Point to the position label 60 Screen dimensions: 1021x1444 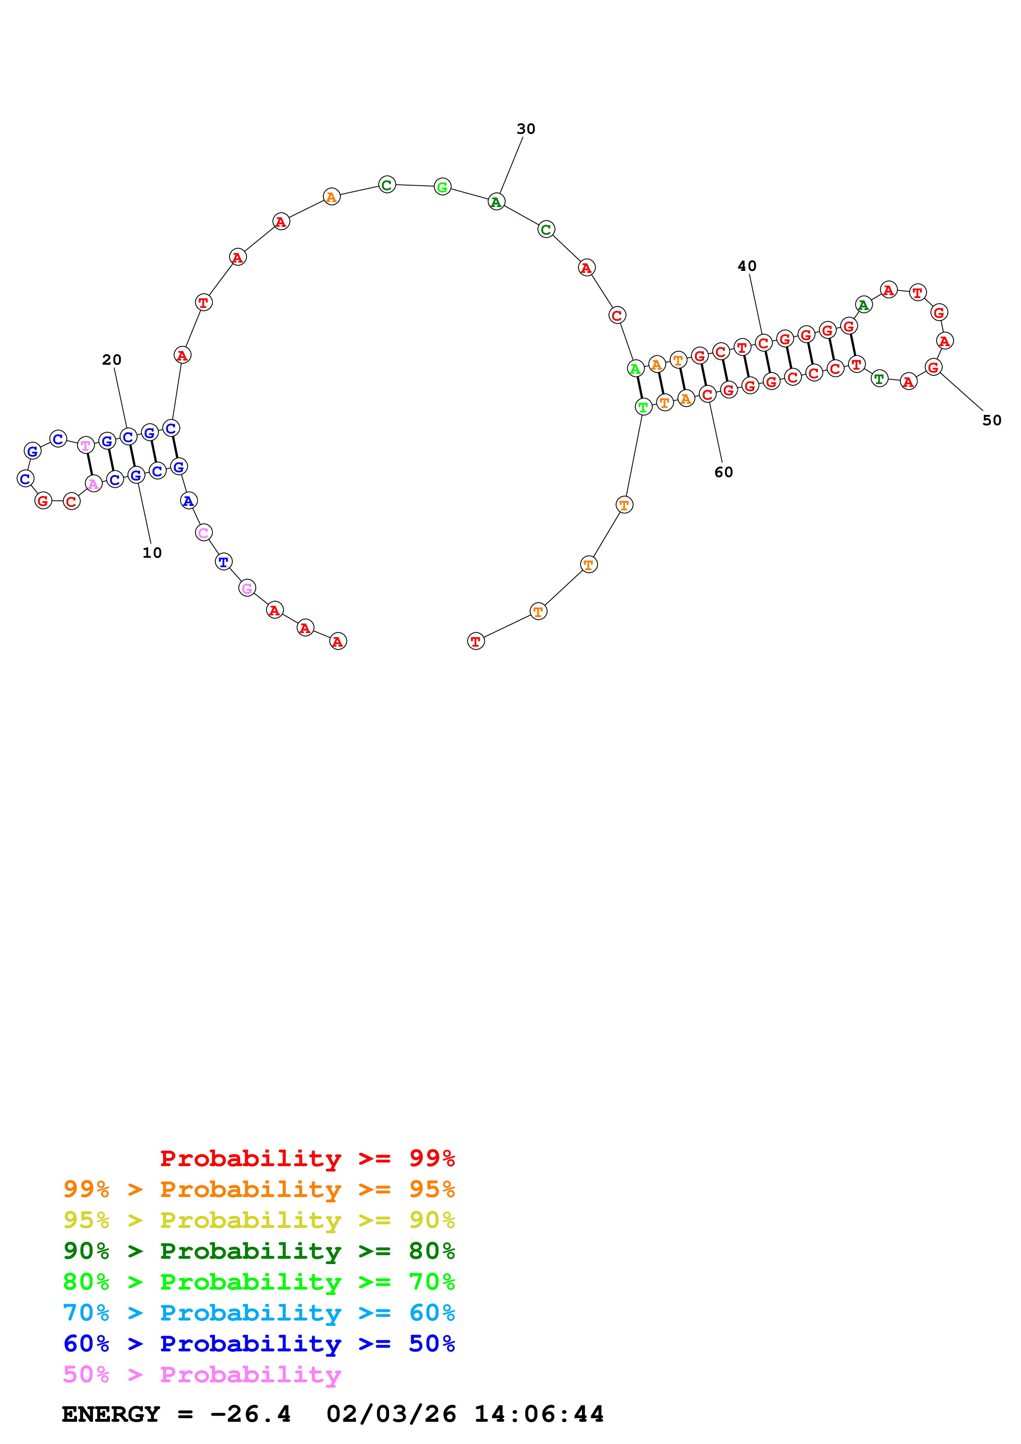pos(724,472)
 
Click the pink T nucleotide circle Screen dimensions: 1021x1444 pos(86,445)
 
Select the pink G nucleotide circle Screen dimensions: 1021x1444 pos(247,588)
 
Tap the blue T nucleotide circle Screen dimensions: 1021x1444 pos(223,561)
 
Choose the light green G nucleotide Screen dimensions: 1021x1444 pos(442,187)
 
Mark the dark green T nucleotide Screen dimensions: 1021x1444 pos(879,379)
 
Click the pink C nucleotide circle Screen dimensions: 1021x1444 pos(203,533)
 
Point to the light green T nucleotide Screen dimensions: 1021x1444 pos(643,407)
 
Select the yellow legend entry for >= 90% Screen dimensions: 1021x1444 pos(259,1220)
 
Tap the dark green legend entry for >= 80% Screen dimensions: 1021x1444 pos(259,1251)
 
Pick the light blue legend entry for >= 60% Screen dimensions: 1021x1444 pos(259,1313)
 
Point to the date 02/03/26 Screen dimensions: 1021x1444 pos(391,1414)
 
